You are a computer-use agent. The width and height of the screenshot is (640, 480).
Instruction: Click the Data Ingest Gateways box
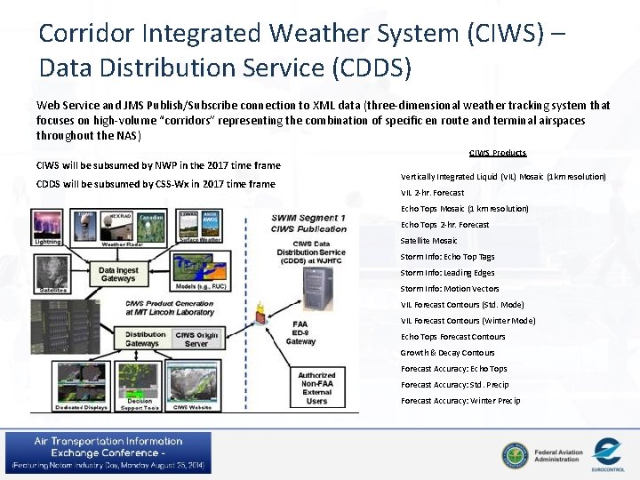(118, 275)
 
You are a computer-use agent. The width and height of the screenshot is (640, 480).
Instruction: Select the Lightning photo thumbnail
(47, 225)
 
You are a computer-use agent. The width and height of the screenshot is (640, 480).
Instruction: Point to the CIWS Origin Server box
(196, 339)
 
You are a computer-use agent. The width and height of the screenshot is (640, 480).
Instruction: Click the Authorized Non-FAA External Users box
(316, 388)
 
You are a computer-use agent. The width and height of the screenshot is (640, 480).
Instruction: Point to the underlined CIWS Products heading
(497, 153)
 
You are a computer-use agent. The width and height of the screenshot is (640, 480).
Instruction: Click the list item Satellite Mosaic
(428, 240)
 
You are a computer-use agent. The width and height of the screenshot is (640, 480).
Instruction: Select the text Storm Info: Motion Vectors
(449, 288)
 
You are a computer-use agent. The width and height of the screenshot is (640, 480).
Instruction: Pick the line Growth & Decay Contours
(447, 352)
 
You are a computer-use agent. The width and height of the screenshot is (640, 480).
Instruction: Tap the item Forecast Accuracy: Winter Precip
(460, 400)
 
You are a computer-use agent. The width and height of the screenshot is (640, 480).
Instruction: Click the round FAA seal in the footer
(514, 455)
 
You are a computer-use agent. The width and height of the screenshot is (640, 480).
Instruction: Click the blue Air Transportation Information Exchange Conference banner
(108, 452)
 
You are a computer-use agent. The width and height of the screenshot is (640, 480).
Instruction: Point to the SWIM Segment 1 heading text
(308, 219)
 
